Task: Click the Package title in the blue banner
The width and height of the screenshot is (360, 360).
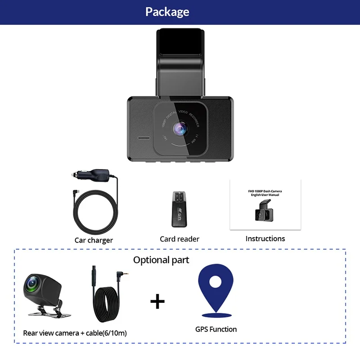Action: tap(167, 12)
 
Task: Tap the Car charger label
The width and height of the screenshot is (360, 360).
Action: tap(94, 240)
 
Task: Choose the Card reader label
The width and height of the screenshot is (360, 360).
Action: tap(180, 239)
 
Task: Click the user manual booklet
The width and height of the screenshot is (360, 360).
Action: tap(265, 205)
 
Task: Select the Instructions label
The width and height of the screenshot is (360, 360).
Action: tap(265, 238)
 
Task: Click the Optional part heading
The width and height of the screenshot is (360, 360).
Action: tap(161, 260)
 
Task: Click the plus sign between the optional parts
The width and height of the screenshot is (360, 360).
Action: tap(157, 301)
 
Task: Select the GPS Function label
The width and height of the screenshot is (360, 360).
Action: tap(216, 329)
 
